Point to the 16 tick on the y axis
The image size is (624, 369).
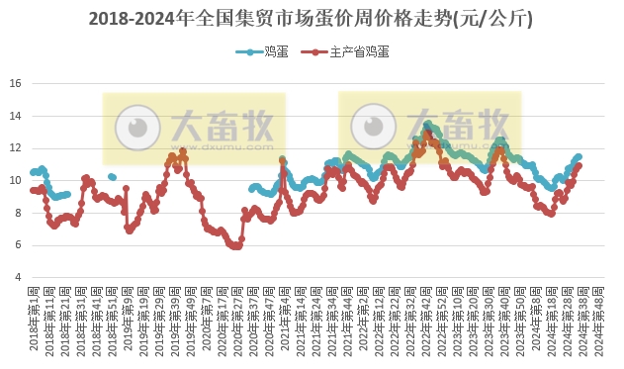click(15, 83)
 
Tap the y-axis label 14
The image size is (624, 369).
click(15, 116)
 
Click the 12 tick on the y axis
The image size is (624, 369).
click(15, 147)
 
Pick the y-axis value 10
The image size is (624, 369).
click(15, 180)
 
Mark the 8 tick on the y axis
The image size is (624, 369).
click(17, 213)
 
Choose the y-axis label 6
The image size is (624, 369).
click(17, 244)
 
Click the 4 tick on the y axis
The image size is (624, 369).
click(17, 277)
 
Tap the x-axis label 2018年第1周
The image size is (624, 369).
click(33, 319)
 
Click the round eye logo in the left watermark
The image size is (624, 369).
click(138, 127)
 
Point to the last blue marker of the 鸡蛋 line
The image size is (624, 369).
click(579, 156)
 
